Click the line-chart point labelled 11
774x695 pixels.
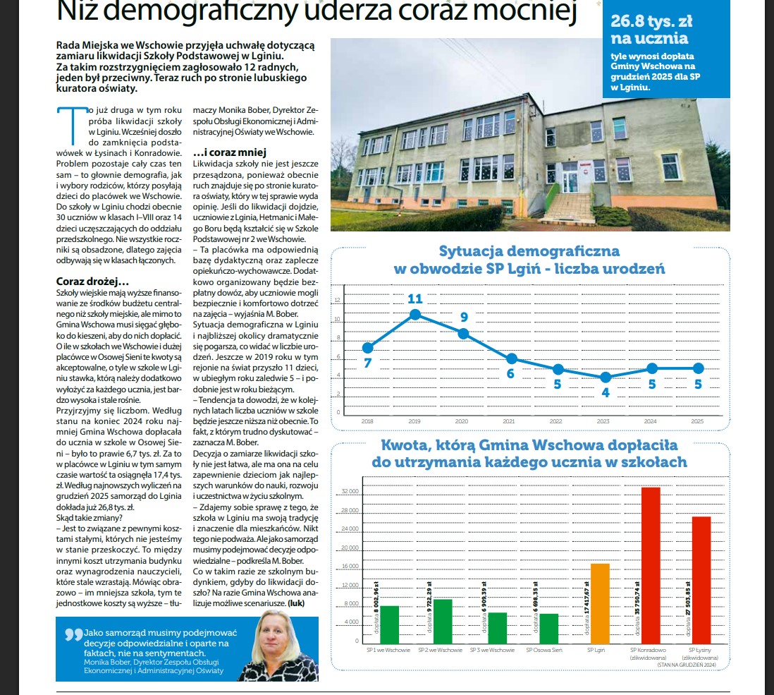pyautogui.click(x=415, y=314)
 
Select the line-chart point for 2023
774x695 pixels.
pyautogui.click(x=605, y=377)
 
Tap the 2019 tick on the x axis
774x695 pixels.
pyautogui.click(x=414, y=421)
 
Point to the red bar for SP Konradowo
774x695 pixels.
pyautogui.click(x=651, y=564)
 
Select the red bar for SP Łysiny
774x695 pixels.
pyautogui.click(x=701, y=579)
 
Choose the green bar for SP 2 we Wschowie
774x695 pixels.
pyautogui.click(x=443, y=620)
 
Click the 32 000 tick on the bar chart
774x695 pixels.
pyautogui.click(x=350, y=492)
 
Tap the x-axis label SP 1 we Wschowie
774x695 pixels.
pyautogui.click(x=385, y=649)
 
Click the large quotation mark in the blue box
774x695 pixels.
pyautogui.click(x=73, y=634)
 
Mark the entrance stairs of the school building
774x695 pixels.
pyautogui.click(x=569, y=207)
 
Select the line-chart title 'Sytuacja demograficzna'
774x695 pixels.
pyautogui.click(x=529, y=251)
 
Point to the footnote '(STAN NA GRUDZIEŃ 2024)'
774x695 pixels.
pyautogui.click(x=687, y=664)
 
